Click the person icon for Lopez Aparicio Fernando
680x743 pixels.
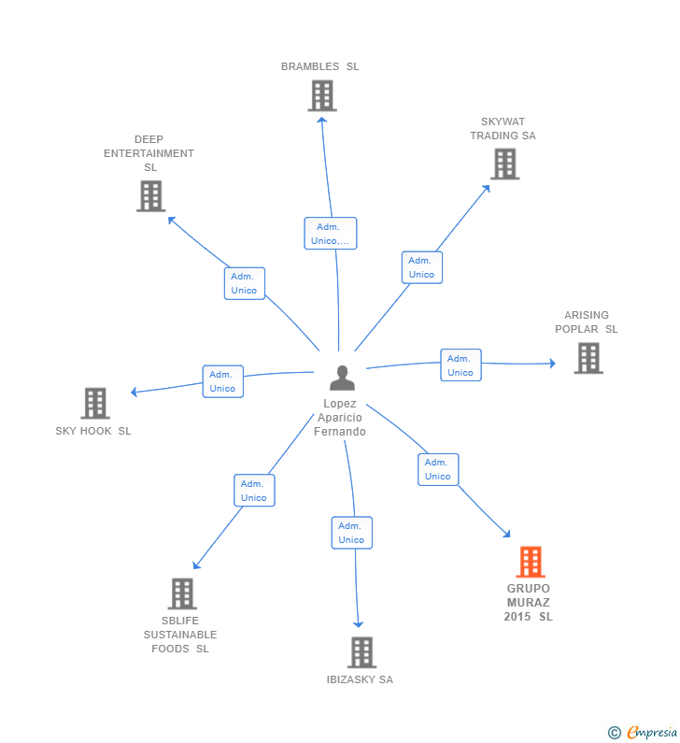tap(342, 379)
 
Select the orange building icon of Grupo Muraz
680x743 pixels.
tap(531, 562)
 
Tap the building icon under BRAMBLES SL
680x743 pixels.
tap(322, 95)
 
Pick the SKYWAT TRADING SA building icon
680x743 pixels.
tap(504, 164)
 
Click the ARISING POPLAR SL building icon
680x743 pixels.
tap(588, 358)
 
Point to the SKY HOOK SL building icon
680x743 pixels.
tap(95, 403)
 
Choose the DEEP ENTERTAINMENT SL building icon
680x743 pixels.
tap(151, 195)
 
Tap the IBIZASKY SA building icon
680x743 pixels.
tap(361, 652)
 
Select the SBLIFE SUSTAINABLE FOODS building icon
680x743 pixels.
tap(182, 593)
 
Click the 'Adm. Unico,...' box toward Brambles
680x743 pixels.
tap(330, 233)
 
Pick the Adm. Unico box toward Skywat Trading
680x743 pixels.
tap(422, 267)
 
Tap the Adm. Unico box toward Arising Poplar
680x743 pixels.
tap(460, 364)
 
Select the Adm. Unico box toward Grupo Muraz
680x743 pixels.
tap(438, 469)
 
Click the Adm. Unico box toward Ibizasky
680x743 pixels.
tap(352, 533)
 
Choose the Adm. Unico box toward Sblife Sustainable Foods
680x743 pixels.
tap(254, 491)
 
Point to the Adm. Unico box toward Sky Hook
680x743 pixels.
tap(223, 381)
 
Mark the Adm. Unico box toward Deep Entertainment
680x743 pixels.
tap(245, 283)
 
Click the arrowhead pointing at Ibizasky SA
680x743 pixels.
tap(359, 624)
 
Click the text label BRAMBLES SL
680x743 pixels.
tap(320, 66)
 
